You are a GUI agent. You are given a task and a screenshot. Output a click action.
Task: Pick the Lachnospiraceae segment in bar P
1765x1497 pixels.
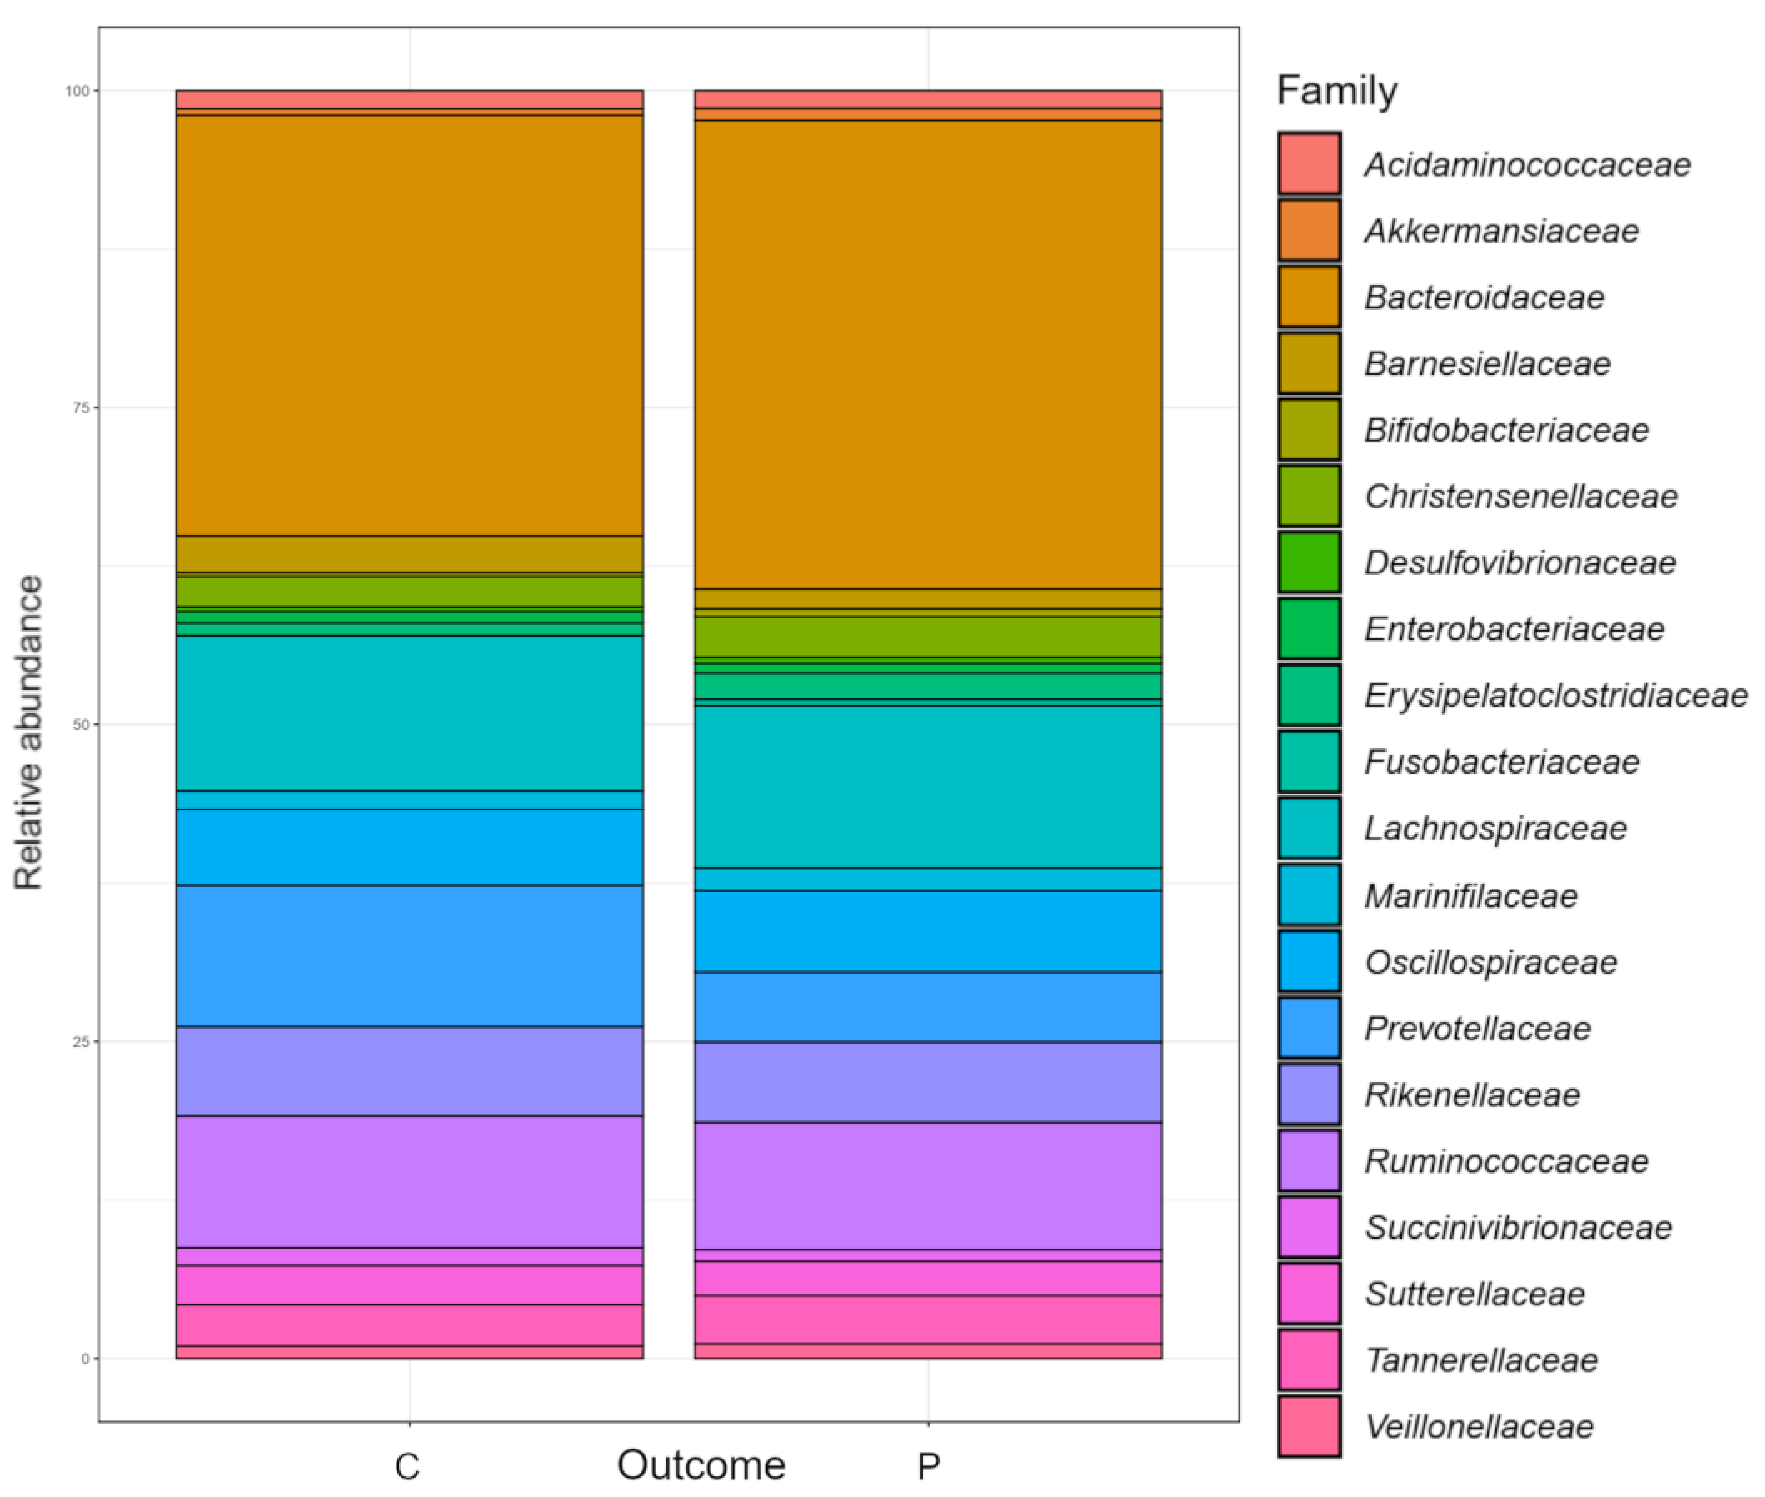point(928,786)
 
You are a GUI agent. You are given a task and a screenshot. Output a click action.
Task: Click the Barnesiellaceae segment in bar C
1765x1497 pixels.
point(409,554)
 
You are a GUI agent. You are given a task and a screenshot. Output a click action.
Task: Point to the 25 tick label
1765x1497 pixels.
point(81,1041)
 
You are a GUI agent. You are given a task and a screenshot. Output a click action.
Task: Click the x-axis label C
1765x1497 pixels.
point(407,1465)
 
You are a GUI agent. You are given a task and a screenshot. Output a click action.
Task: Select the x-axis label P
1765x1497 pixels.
point(928,1465)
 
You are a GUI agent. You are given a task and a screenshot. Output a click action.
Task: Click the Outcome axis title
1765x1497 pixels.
point(701,1465)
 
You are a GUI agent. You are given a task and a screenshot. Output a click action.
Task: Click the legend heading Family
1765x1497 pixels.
point(1337,90)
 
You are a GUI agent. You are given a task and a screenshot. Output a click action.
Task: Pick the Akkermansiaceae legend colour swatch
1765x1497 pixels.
point(1309,230)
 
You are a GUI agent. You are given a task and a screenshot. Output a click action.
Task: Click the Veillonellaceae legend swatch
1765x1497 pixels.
point(1309,1426)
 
